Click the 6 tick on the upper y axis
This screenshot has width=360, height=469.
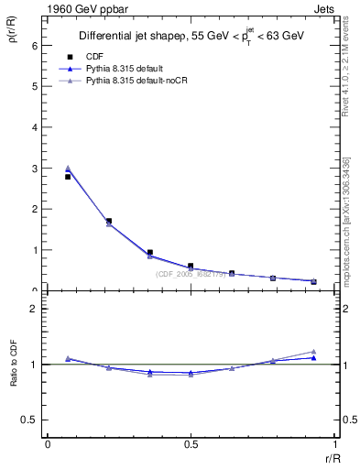(x=33, y=45)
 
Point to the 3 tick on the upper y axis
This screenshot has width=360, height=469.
(x=33, y=168)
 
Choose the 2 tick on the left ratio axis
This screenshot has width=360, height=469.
(x=33, y=309)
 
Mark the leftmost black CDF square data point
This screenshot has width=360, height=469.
(x=67, y=177)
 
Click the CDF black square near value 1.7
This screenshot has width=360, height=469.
(x=109, y=221)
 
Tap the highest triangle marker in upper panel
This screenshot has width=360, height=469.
(x=67, y=168)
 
